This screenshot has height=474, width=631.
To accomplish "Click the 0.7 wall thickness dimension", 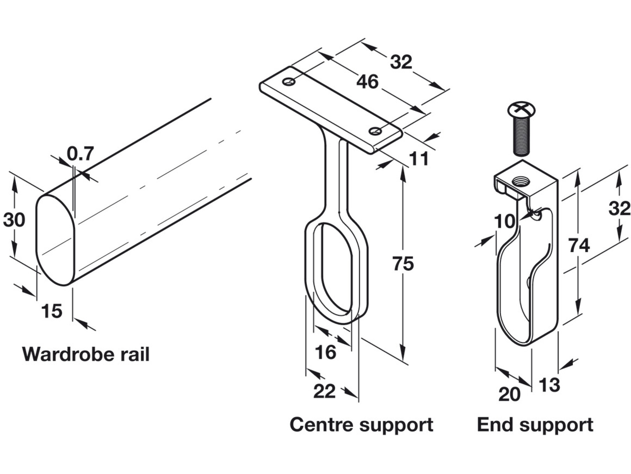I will tap(81, 154).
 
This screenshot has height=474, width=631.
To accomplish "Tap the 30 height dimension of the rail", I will tap(14, 220).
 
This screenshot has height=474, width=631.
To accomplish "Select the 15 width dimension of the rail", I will tap(52, 311).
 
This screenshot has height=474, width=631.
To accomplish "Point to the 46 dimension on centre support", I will tap(367, 82).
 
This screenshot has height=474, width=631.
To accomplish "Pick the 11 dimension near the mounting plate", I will tap(419, 159).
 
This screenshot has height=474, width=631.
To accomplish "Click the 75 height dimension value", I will tap(403, 263).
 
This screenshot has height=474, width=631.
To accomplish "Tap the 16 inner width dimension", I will tap(326, 352).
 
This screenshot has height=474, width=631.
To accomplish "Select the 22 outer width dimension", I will tap(324, 391).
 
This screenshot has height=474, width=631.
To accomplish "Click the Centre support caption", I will tap(361, 424).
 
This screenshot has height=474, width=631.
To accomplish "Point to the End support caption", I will tap(535, 424).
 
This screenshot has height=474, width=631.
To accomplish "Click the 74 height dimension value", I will tap(579, 245).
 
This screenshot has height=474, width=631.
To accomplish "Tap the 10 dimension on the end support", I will tap(504, 221).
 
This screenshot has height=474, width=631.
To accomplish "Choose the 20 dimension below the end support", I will tap(509, 394).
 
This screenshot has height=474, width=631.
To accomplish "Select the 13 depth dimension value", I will tap(549, 385).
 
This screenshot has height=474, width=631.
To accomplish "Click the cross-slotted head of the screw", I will tap(522, 110).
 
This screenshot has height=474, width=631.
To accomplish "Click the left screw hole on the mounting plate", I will tap(289, 82).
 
